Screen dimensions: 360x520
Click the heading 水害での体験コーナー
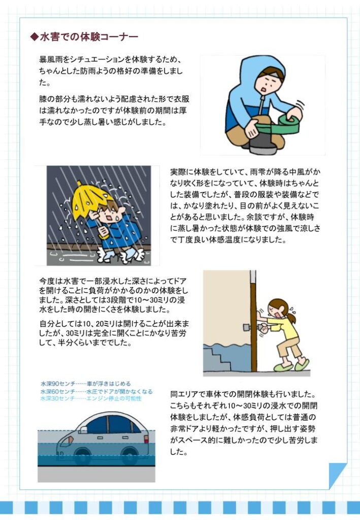pos(89,37)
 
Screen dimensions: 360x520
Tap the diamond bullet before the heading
pos(35,37)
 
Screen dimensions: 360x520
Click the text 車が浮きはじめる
pos(109,384)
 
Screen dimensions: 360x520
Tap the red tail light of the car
pos(146,439)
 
